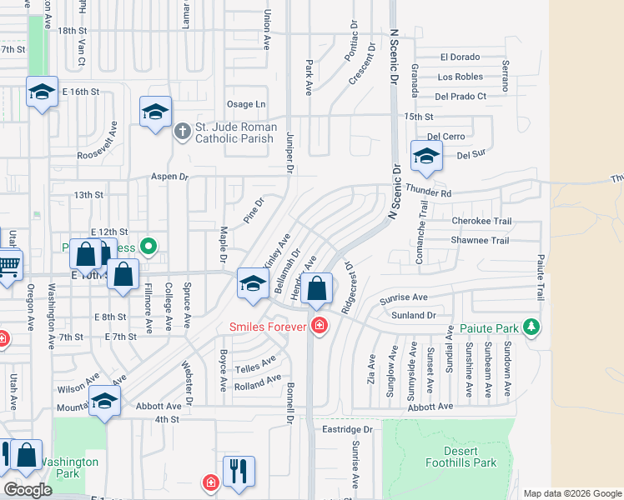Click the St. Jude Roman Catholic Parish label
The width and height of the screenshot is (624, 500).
tap(234, 132)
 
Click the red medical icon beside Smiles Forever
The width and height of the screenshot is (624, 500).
tap(318, 326)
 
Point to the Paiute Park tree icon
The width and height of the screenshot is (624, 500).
tap(531, 327)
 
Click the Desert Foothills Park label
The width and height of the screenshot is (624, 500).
tap(472, 457)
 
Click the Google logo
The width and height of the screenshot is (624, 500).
tap(28, 490)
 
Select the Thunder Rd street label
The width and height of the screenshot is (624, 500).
tap(434, 193)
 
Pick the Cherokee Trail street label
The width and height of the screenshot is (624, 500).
tap(481, 221)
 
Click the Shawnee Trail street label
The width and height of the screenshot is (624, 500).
tap(480, 241)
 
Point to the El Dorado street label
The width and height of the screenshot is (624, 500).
tap(460, 57)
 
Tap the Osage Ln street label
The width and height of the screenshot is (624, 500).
tap(246, 104)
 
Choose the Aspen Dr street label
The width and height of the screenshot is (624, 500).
tap(170, 177)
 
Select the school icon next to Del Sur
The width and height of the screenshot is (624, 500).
tap(425, 156)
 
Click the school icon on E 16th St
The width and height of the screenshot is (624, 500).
tap(41, 92)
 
